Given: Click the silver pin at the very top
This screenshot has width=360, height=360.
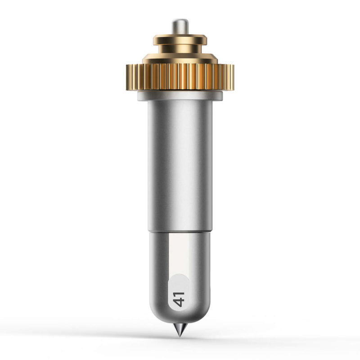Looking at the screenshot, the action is click(x=180, y=27).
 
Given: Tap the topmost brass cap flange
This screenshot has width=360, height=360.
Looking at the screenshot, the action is click(x=180, y=40).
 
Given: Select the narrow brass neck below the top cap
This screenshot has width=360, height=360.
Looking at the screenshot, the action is click(x=180, y=49).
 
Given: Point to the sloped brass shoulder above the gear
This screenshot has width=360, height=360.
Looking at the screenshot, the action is click(x=180, y=58).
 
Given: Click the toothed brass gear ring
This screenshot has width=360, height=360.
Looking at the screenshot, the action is click(x=180, y=77).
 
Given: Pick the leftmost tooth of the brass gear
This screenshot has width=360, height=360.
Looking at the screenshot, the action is click(x=128, y=77).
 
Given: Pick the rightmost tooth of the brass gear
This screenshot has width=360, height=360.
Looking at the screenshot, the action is click(x=232, y=77).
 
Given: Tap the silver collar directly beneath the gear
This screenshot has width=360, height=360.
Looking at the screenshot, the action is click(x=180, y=96).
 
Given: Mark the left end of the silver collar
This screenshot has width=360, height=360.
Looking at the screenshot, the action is click(x=138, y=96).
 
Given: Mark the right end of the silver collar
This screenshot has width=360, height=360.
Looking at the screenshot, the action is click(x=222, y=96).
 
